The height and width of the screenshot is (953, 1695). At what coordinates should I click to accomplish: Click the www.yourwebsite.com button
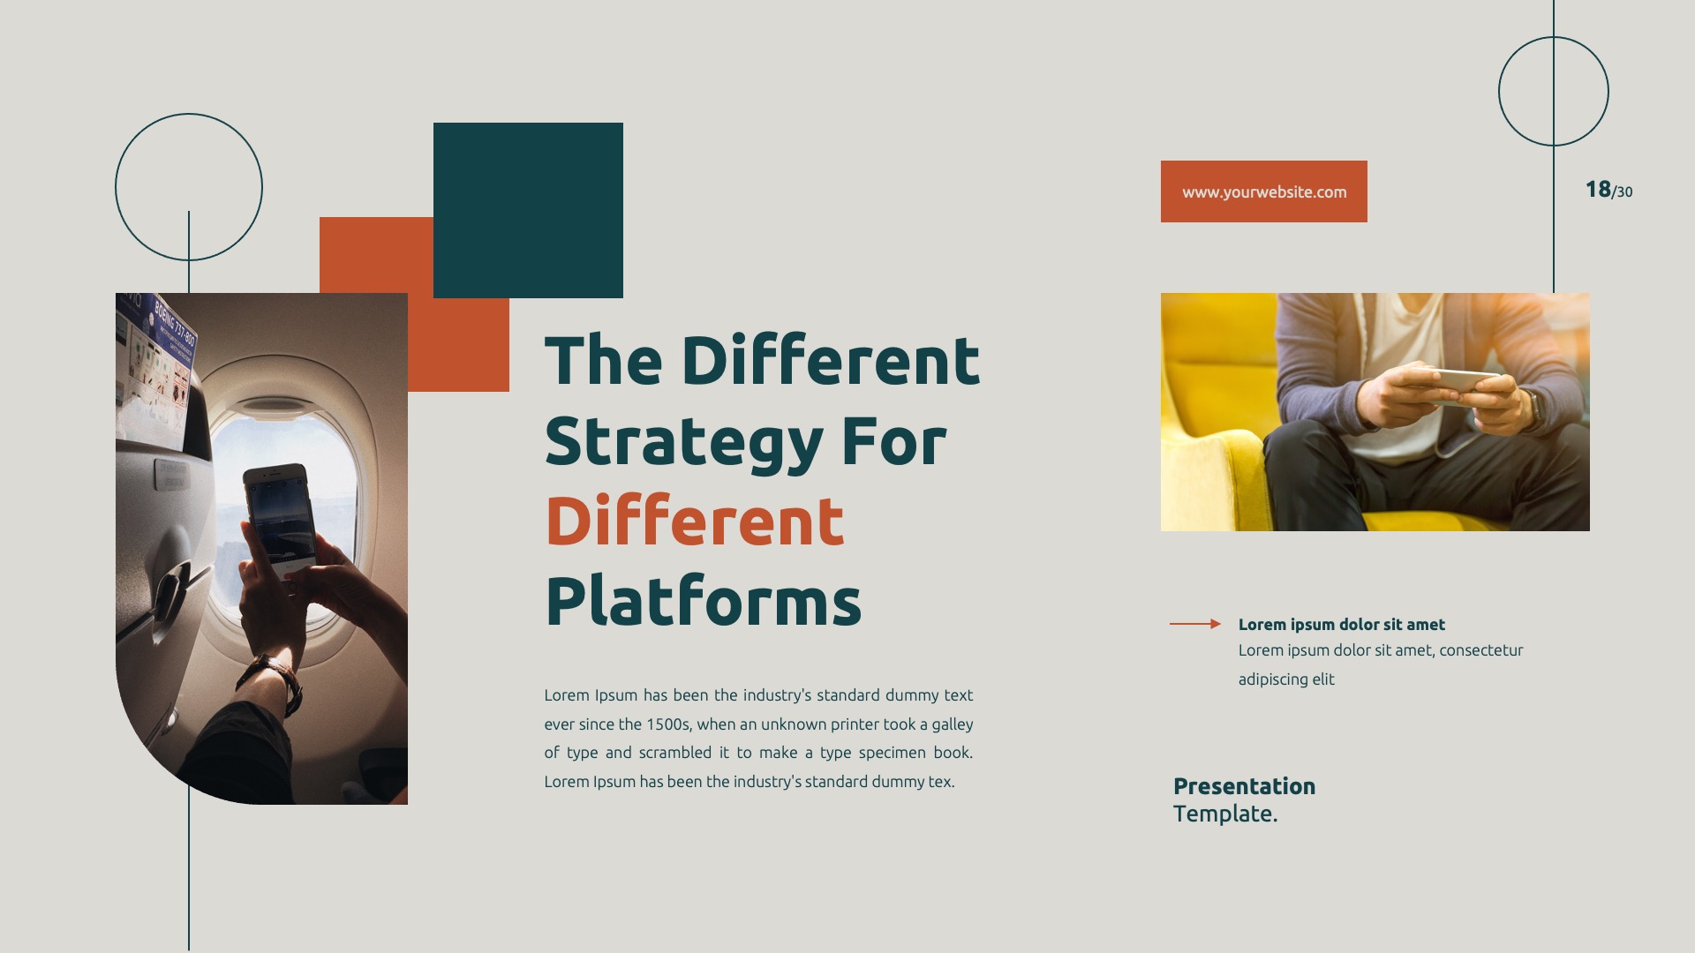[1263, 191]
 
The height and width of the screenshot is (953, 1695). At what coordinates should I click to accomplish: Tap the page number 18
[1597, 190]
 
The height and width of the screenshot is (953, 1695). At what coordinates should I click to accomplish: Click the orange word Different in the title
[695, 522]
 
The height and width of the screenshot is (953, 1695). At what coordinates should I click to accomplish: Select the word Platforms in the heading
[703, 602]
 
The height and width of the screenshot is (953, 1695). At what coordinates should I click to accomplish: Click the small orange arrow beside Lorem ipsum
[1194, 624]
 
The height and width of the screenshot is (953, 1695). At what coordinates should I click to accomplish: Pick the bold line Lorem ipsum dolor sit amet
[1341, 625]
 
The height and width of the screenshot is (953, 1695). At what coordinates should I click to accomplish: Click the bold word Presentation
[1244, 786]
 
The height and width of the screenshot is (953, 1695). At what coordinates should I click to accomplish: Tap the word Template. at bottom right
[1224, 814]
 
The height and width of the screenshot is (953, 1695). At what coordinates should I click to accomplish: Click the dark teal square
[528, 210]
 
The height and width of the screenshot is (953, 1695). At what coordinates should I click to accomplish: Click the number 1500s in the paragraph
[667, 724]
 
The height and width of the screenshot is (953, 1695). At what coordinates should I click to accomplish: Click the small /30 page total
[1623, 192]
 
